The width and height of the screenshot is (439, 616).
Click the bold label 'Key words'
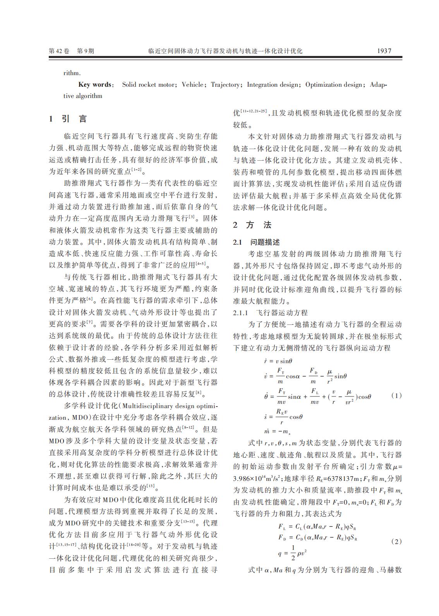(95, 84)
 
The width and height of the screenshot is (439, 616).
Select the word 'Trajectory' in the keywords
(225, 84)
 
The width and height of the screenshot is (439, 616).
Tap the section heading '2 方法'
(252, 225)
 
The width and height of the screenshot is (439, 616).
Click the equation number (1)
(396, 395)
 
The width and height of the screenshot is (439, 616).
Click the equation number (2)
(396, 541)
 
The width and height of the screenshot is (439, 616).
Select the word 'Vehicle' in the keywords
(192, 84)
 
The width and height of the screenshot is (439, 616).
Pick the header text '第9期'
(86, 51)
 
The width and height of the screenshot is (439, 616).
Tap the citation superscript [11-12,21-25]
(253, 111)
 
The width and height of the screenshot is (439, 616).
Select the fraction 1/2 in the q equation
(293, 553)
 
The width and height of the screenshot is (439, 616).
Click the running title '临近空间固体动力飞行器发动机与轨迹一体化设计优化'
(225, 51)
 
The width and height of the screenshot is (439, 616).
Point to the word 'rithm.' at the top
(72, 73)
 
